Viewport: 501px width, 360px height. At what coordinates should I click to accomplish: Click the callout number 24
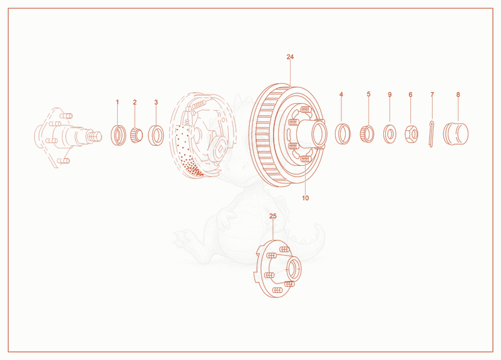(x=290, y=57)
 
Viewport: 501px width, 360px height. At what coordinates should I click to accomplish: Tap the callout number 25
(x=272, y=216)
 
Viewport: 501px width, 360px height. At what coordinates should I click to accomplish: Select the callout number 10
(x=306, y=198)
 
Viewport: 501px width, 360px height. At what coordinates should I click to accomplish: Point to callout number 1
(x=117, y=102)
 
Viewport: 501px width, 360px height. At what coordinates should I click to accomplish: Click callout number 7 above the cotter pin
(x=432, y=95)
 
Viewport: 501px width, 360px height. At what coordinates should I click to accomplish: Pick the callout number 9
(x=390, y=95)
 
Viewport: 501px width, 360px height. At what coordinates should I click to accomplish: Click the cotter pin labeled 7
(x=431, y=134)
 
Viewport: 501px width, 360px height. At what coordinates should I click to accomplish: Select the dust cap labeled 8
(x=456, y=134)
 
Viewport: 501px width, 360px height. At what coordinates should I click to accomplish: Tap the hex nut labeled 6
(x=411, y=134)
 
